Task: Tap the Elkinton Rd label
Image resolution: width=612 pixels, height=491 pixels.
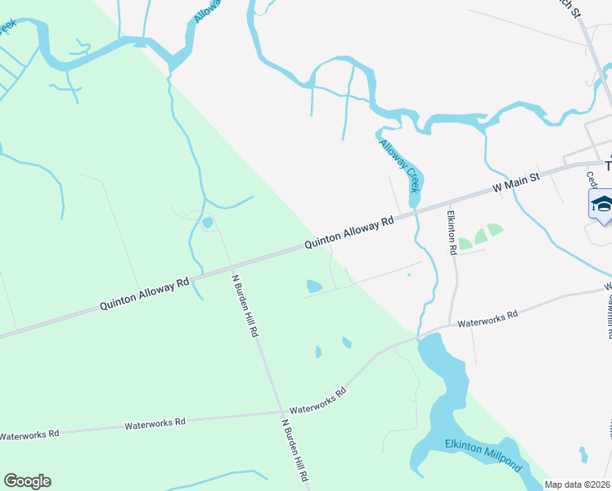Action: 451,232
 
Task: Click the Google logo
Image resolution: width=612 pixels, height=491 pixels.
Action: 27,481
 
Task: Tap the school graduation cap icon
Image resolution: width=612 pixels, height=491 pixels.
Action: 601,204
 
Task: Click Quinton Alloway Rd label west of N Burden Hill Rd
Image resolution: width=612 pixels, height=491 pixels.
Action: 145,293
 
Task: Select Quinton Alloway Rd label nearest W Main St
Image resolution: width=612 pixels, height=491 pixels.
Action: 349,232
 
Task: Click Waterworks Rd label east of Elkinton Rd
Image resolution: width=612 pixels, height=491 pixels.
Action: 488,319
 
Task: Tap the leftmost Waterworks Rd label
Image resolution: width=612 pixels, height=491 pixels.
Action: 29,434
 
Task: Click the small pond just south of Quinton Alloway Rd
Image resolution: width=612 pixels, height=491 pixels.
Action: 313,287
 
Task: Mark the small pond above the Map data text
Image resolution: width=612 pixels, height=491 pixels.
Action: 583,454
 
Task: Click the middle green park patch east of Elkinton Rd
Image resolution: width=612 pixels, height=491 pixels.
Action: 480,237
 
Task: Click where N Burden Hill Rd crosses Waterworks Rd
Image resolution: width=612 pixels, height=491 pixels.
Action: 280,412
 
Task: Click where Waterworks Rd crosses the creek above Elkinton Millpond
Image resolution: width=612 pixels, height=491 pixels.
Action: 421,336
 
